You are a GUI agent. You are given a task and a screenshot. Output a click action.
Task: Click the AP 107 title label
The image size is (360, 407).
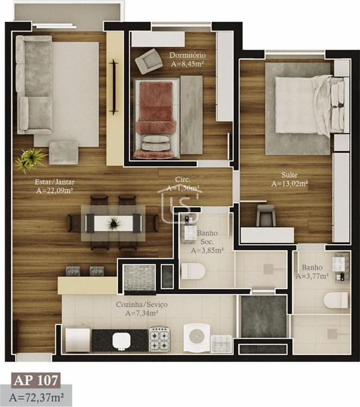pos(36,380)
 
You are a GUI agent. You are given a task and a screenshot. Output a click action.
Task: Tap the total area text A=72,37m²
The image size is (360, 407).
pos(36,397)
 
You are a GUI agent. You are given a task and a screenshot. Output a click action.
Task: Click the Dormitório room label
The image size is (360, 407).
pos(187,55)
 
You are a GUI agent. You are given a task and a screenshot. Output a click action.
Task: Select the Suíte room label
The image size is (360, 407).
pos(289,175)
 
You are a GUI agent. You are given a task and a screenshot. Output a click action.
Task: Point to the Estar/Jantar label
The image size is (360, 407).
pos(54,182)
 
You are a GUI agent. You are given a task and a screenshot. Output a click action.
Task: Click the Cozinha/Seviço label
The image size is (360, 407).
pos(142,304)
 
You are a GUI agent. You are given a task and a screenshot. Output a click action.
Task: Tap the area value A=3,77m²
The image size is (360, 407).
pos(312,276)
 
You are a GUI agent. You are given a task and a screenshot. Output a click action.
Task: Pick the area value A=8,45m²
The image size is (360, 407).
pos(187,63)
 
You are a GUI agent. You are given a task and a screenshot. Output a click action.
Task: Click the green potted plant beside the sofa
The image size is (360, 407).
pos(30,160)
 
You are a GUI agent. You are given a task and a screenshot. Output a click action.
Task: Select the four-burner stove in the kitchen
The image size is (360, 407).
pos(160,339)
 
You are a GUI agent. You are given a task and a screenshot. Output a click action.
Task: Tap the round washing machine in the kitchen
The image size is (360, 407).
pos(197,338)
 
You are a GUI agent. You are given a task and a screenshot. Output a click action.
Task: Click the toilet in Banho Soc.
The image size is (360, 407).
pos(193,271)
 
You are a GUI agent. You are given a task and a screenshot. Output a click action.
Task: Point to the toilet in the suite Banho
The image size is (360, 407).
pos(336,300)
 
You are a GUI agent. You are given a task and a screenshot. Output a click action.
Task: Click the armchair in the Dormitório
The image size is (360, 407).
pos(149,61)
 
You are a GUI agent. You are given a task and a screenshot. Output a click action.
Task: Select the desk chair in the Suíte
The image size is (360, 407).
pos(266,215)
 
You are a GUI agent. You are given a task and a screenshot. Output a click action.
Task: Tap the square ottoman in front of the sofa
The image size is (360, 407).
pos(64,152)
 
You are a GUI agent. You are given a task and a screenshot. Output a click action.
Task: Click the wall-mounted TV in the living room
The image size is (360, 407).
pos(113,87)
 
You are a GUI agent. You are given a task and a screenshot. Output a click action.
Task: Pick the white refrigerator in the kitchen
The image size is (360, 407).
pos(78,340)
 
